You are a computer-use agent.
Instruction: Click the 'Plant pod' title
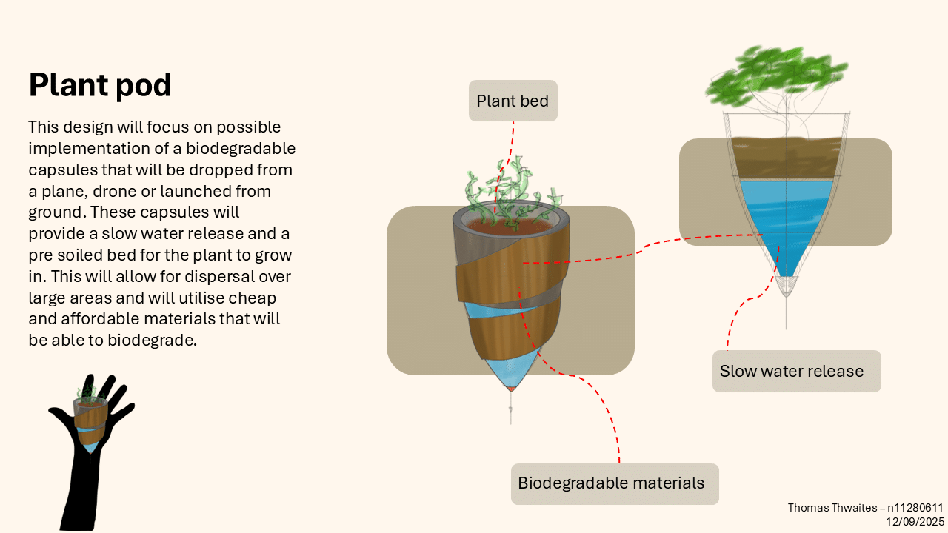[x=100, y=85]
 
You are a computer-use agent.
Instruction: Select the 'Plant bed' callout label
[x=513, y=101]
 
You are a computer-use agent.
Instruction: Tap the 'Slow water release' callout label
[x=792, y=371]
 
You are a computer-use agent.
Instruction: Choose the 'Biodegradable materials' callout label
[x=611, y=483]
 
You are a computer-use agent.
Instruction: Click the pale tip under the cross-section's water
[x=787, y=285]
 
